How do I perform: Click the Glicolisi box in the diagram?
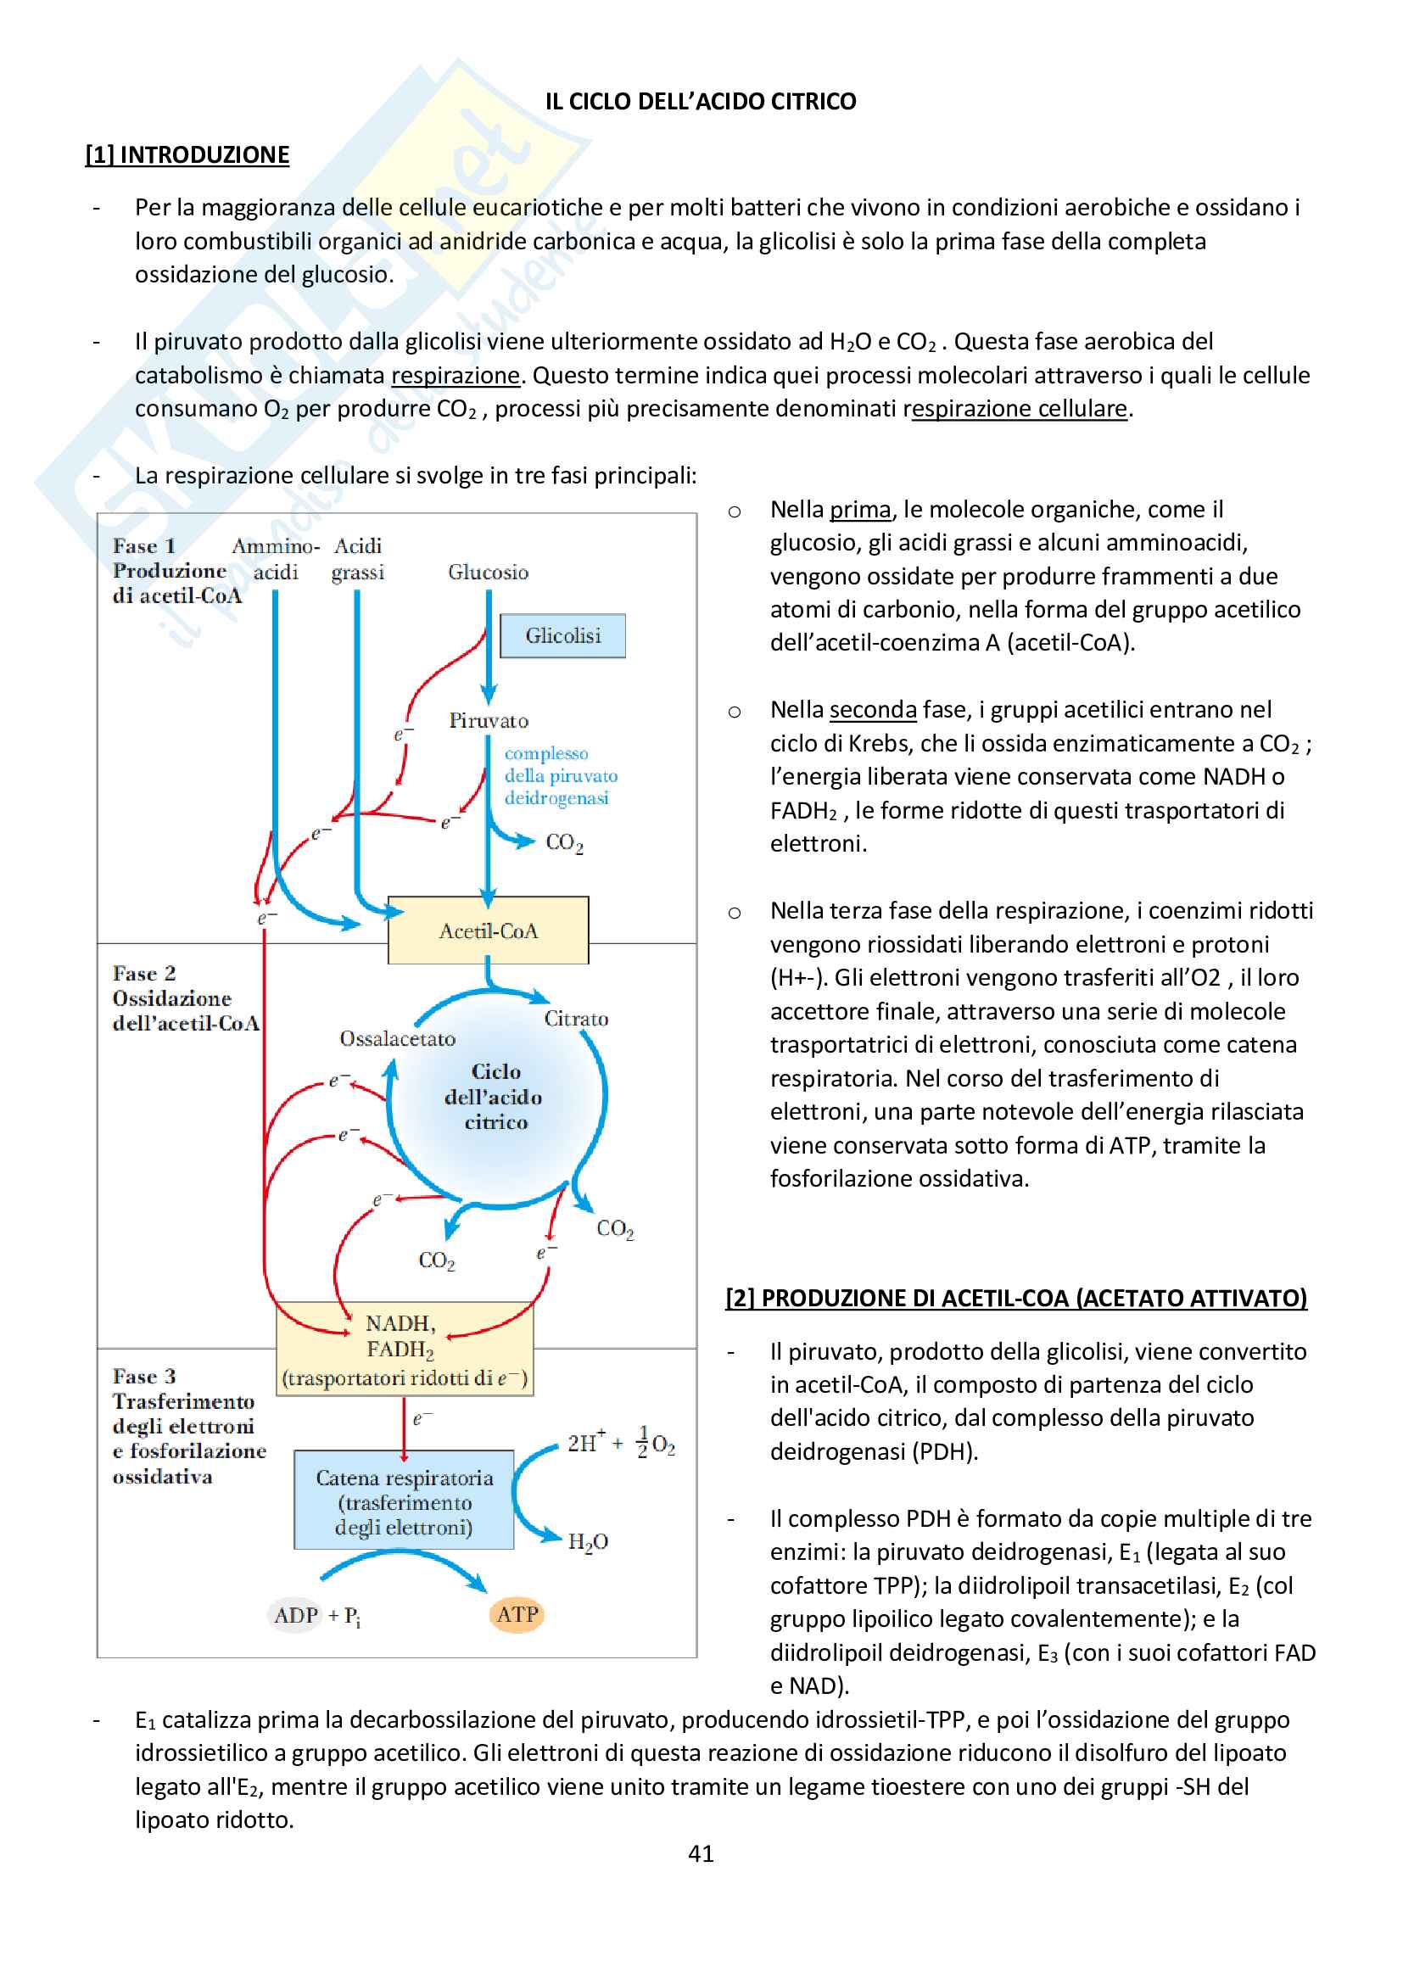[562, 636]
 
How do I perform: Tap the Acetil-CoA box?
[488, 931]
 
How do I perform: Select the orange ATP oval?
[517, 1614]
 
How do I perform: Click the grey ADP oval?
[296, 1615]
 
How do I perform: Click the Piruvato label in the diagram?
[488, 721]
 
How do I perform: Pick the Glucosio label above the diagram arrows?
[488, 572]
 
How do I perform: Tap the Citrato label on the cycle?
[575, 1019]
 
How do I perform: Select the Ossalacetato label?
[397, 1039]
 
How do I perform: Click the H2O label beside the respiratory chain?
[588, 1542]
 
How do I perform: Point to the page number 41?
[701, 1853]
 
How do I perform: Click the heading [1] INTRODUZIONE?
[187, 154]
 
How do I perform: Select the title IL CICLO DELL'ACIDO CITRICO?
[701, 102]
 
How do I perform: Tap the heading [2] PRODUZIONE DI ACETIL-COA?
[1016, 1298]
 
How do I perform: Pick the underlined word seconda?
[873, 710]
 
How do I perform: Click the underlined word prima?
[859, 510]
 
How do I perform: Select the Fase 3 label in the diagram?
[144, 1376]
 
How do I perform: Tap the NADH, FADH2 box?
[404, 1348]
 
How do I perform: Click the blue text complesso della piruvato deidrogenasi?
[560, 776]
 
